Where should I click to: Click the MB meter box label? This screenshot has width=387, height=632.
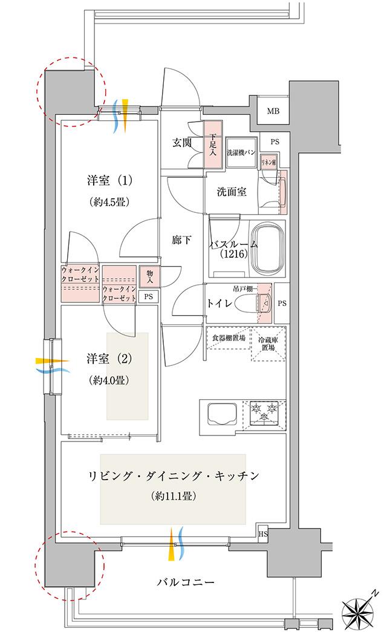[x=273, y=111]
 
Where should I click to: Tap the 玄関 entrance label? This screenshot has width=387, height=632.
[x=182, y=143]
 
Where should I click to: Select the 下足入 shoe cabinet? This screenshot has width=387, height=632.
[x=212, y=145]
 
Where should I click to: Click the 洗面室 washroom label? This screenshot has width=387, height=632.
[x=232, y=192]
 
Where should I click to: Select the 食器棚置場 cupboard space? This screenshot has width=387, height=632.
[x=229, y=338]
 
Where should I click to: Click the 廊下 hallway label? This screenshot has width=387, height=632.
[x=181, y=240]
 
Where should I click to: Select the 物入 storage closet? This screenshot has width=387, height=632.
[x=148, y=276]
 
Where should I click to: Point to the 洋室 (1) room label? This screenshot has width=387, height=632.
[x=109, y=180]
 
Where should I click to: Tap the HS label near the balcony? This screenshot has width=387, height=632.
[x=263, y=534]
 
